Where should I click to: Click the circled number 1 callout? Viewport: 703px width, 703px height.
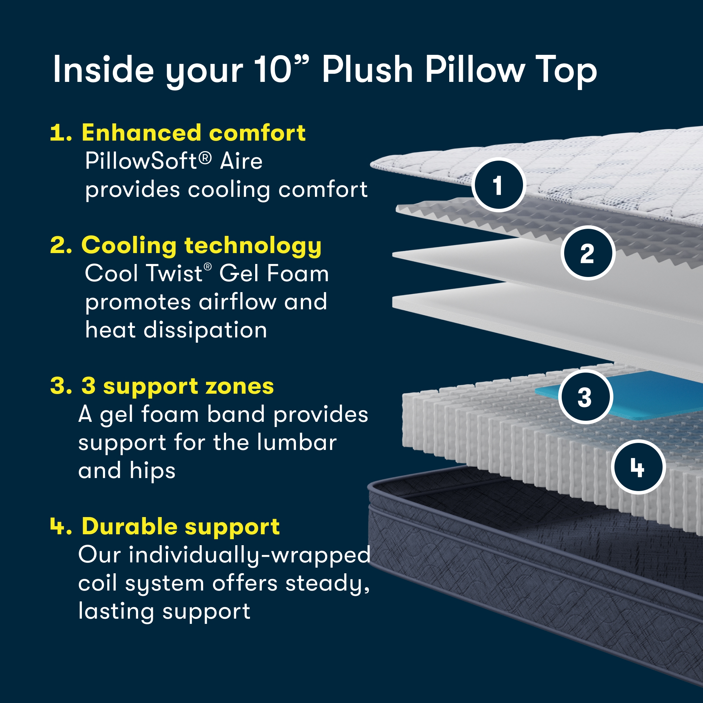[x=498, y=185]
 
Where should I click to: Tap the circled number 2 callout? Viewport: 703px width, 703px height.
[x=588, y=253]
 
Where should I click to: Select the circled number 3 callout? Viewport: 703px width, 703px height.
[x=585, y=396]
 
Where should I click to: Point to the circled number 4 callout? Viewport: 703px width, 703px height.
[x=638, y=467]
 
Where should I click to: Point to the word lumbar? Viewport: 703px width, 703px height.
[x=297, y=443]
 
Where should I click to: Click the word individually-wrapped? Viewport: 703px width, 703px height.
[x=250, y=555]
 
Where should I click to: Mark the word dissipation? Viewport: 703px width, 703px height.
[x=205, y=330]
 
